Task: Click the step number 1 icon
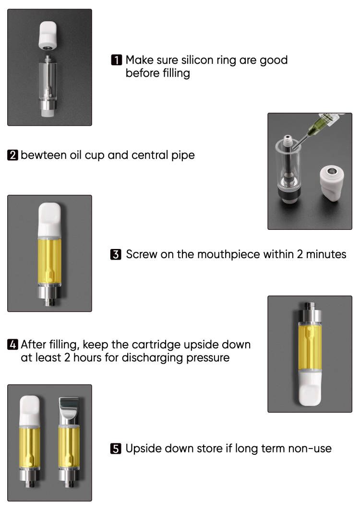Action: click(x=116, y=60)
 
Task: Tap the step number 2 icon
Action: click(x=12, y=155)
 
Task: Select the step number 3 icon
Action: click(x=116, y=254)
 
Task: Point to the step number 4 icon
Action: click(x=12, y=344)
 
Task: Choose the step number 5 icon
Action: click(x=116, y=448)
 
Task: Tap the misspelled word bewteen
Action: click(x=44, y=155)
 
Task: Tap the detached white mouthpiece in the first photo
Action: click(x=48, y=36)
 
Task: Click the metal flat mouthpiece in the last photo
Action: click(x=69, y=410)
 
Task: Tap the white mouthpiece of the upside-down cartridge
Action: click(x=310, y=388)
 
